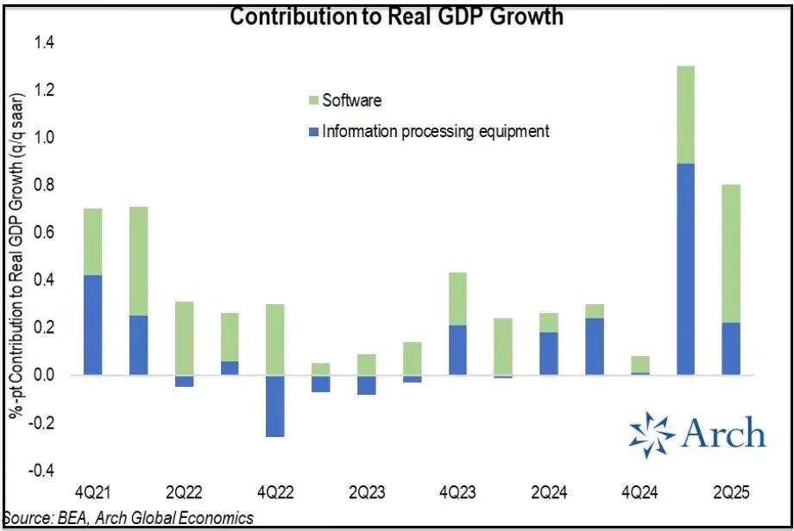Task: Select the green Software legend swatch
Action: pos(315,101)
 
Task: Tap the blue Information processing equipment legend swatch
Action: pos(315,132)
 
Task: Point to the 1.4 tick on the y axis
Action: pos(43,42)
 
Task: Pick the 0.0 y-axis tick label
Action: pos(43,376)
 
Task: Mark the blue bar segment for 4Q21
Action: pos(92,325)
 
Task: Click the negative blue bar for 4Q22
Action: pos(275,406)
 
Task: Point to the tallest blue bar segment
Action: pos(686,269)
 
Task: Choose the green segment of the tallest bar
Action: pos(686,115)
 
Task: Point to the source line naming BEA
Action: pos(129,518)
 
